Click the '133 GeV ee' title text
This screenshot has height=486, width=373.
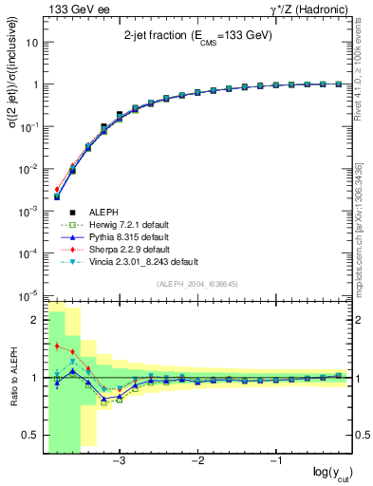click(75, 9)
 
